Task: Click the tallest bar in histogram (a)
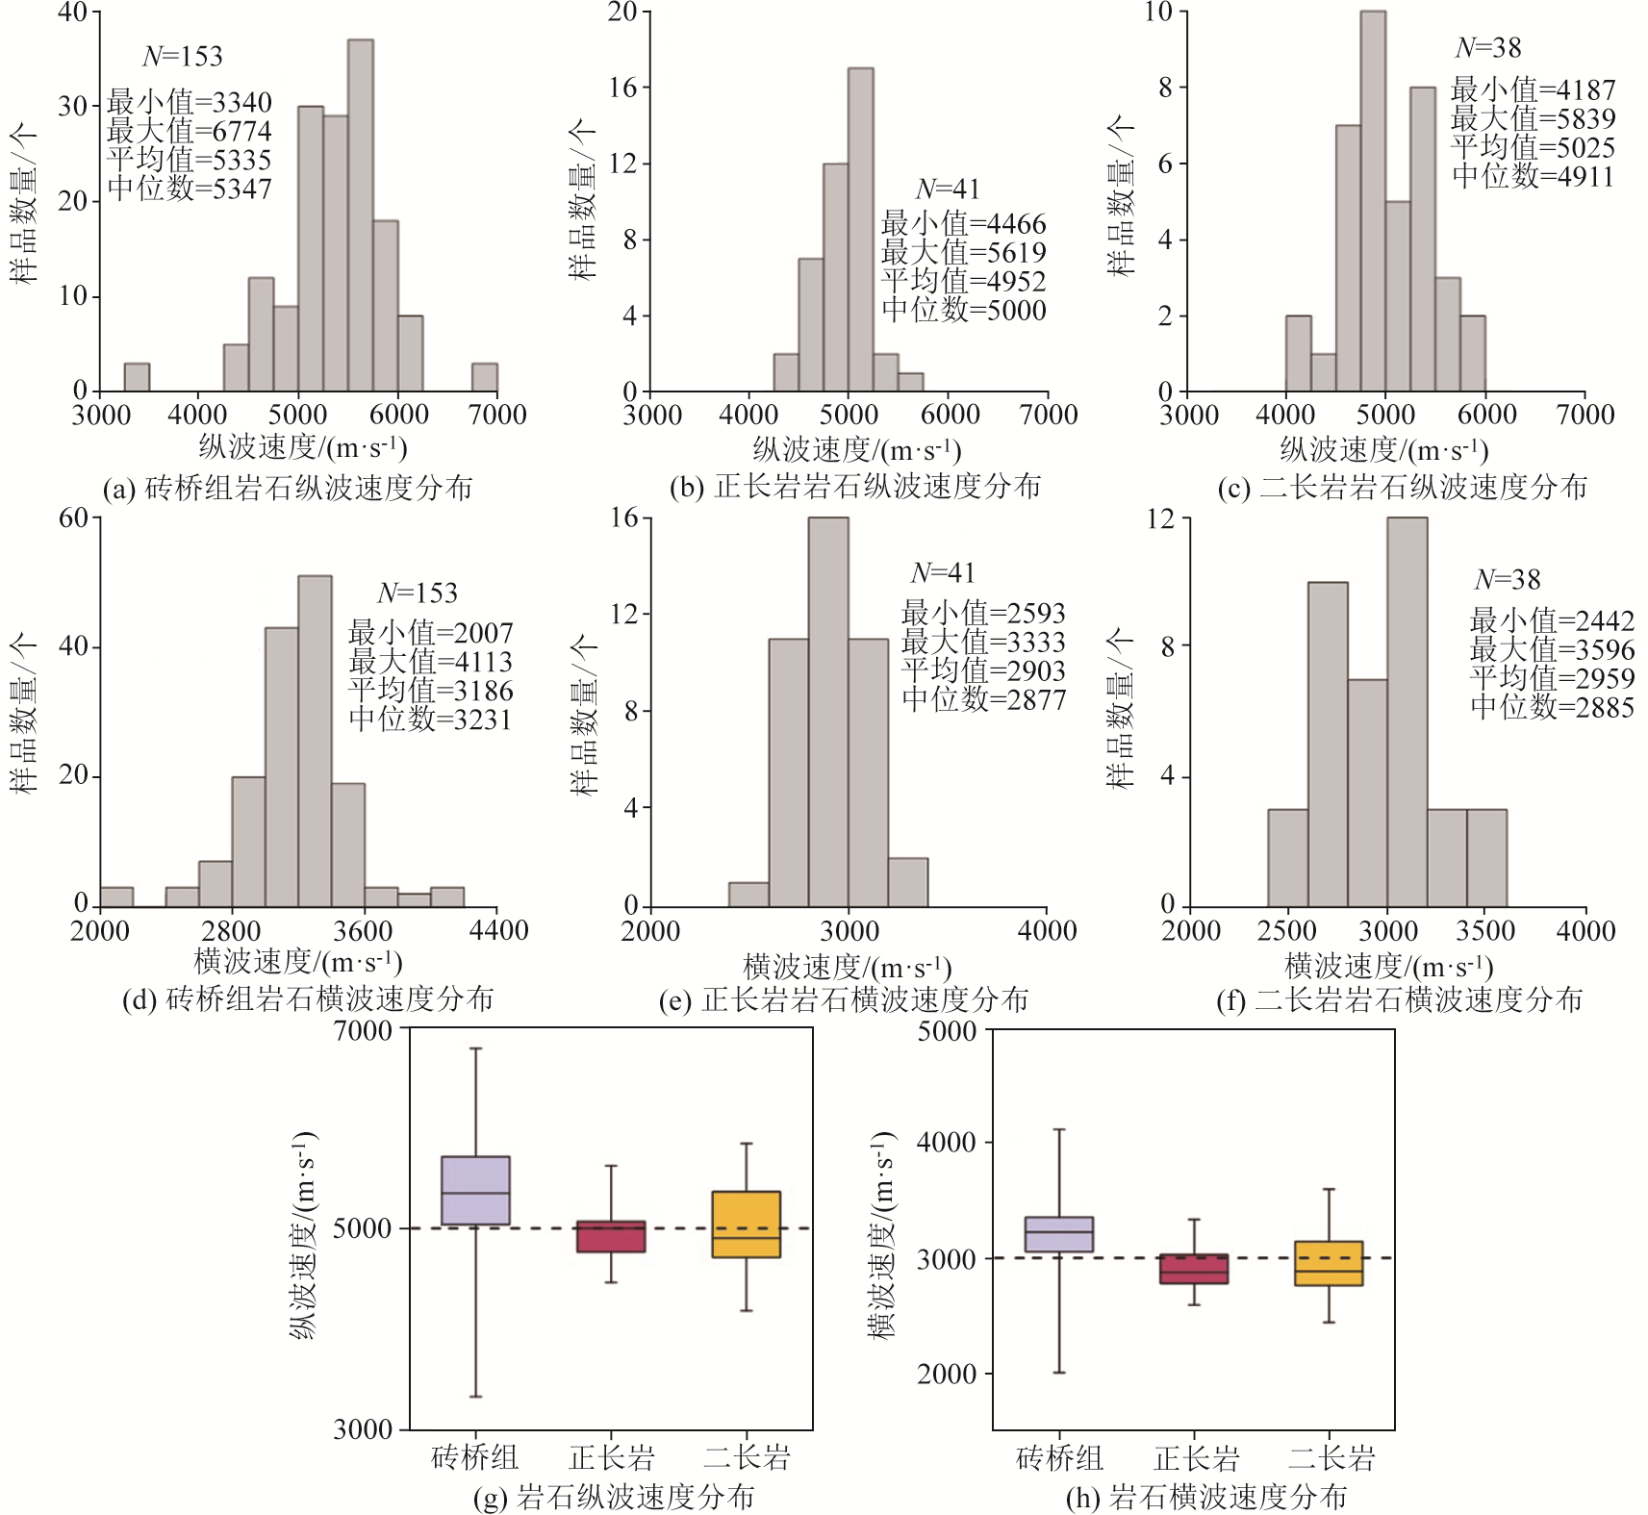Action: (360, 215)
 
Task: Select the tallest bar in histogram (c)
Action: (1373, 201)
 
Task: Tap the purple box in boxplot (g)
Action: (475, 1190)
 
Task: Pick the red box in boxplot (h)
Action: (1194, 1269)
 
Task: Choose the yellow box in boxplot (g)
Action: (746, 1225)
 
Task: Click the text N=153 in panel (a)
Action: (183, 57)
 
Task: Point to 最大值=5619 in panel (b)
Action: (963, 253)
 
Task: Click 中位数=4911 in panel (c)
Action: (1533, 176)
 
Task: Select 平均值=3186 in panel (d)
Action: (430, 691)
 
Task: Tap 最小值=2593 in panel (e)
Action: (982, 613)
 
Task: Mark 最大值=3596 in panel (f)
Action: (1552, 649)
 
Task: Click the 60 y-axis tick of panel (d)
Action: (73, 518)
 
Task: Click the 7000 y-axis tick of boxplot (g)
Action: (363, 1030)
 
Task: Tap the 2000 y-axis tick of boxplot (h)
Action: (948, 1374)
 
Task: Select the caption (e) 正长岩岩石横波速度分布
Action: (844, 1000)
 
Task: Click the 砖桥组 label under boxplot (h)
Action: (1059, 1458)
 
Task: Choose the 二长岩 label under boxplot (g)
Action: (747, 1457)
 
